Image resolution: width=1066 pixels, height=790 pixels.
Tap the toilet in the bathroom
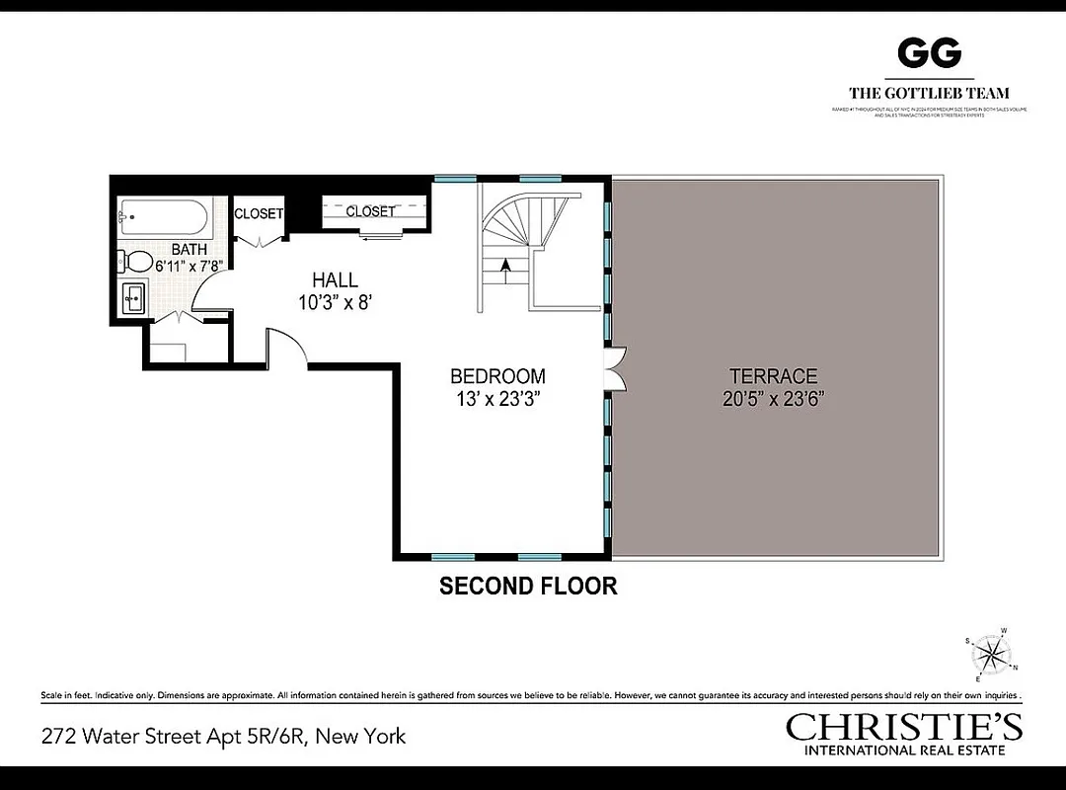(136, 262)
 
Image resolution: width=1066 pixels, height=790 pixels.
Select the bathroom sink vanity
(133, 297)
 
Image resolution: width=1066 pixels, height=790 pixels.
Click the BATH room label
(189, 250)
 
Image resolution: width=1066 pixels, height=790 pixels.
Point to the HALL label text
(335, 280)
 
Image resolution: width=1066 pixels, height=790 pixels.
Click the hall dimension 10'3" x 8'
(336, 303)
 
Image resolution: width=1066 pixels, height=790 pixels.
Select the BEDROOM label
(497, 376)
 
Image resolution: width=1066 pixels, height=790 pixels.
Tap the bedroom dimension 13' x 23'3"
(497, 399)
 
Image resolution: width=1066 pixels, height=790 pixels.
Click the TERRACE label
(773, 376)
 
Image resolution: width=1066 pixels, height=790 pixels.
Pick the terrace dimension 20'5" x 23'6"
(773, 399)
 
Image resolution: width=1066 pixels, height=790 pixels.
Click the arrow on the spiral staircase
(507, 265)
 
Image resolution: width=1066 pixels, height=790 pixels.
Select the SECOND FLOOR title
(528, 586)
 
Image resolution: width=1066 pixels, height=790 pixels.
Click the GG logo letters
(928, 52)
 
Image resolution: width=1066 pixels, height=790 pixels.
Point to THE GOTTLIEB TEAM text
(928, 94)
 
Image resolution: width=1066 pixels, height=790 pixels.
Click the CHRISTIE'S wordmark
(904, 728)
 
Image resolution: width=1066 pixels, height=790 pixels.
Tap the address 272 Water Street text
(223, 736)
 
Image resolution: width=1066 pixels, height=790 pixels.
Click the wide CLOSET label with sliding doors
(370, 211)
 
